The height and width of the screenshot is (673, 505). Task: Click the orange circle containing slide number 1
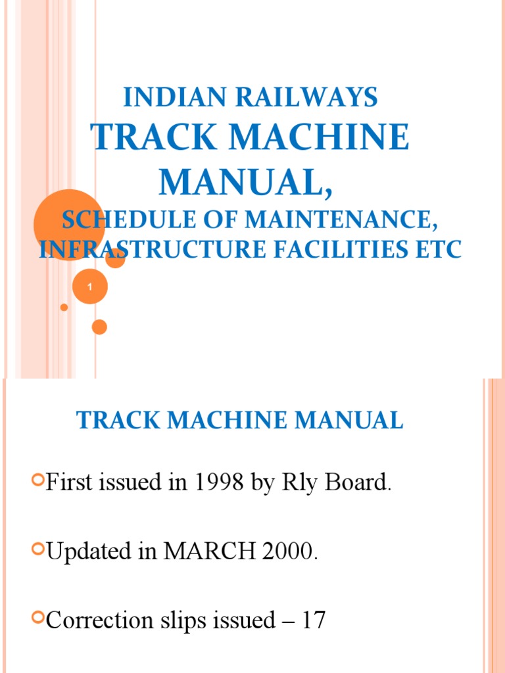(x=89, y=287)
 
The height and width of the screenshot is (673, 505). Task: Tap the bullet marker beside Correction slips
(x=38, y=620)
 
